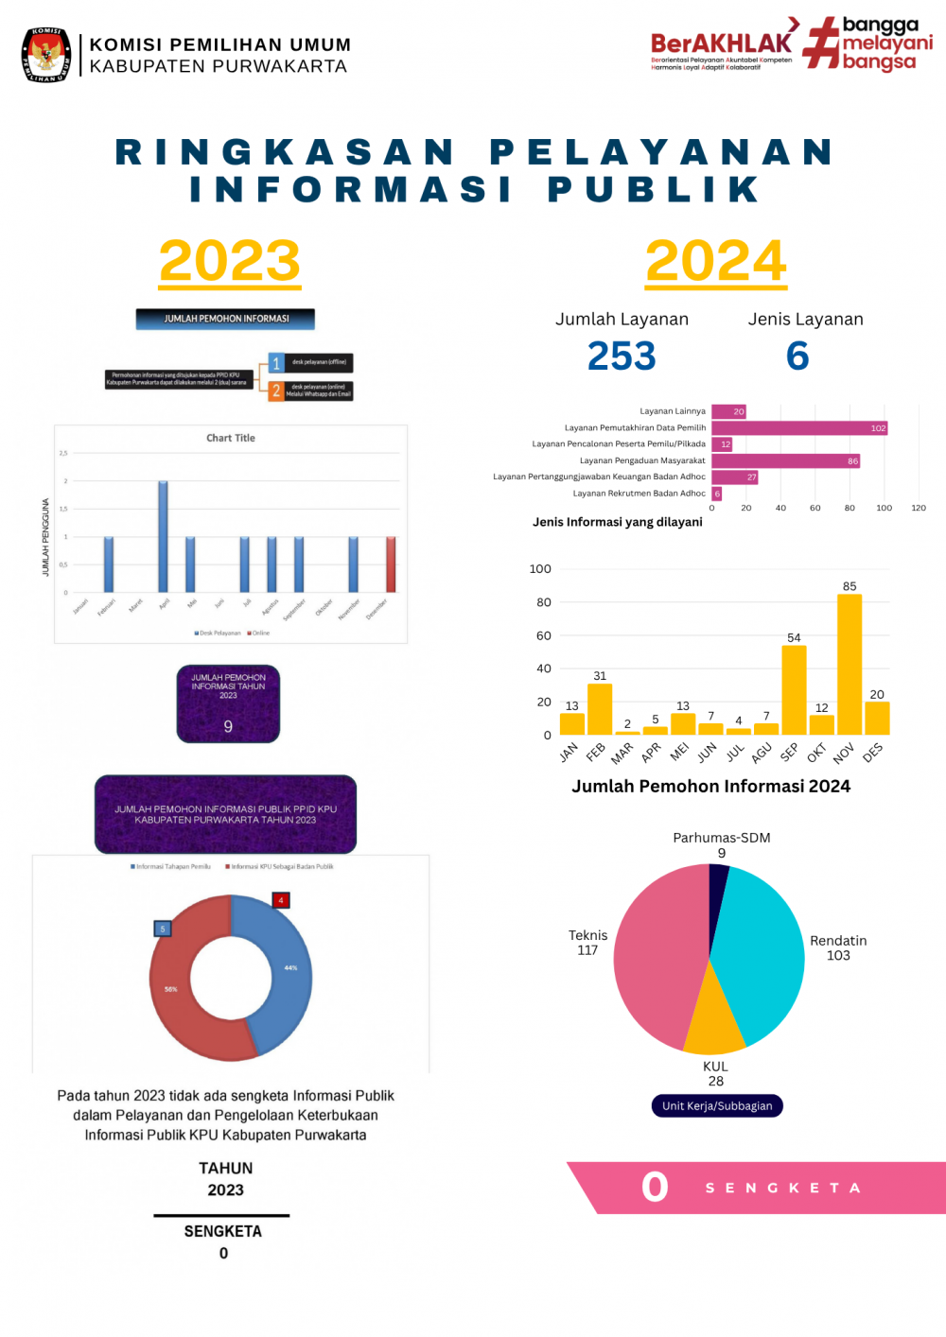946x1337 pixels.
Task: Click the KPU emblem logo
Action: [46, 55]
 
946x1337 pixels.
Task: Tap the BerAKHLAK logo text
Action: [721, 43]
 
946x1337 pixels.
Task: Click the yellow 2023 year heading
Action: [230, 261]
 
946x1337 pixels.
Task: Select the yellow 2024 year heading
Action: [716, 261]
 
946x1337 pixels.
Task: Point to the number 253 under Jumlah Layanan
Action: [622, 356]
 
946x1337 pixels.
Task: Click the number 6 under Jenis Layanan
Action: [797, 356]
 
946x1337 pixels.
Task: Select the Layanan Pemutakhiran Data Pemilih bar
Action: [799, 428]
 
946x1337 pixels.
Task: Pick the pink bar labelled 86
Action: [785, 461]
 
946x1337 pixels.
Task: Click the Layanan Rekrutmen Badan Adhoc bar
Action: [717, 494]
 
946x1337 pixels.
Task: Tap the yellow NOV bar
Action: [850, 665]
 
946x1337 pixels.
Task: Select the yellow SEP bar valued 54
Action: [794, 690]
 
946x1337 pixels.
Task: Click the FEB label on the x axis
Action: [595, 753]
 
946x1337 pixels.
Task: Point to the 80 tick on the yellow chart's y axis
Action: [544, 602]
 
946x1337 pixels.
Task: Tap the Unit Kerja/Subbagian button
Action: [717, 1106]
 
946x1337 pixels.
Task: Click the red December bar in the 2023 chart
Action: [391, 564]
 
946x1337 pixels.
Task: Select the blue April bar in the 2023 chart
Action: [163, 536]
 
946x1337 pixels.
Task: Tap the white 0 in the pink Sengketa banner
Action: [655, 1188]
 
